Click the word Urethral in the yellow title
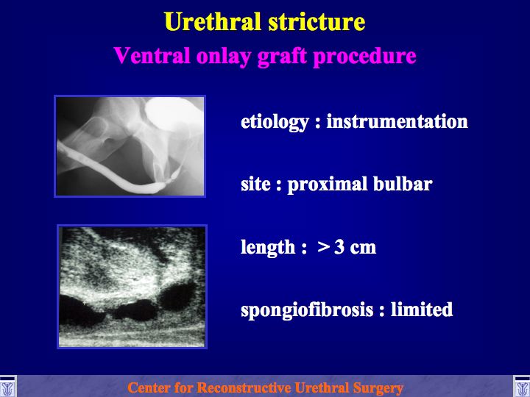click(x=213, y=21)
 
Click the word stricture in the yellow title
click(x=317, y=21)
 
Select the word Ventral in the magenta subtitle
click(x=152, y=55)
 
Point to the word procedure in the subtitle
click(x=364, y=57)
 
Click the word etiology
click(x=275, y=122)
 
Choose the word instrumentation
click(x=397, y=121)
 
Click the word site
click(x=255, y=185)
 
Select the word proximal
click(x=327, y=185)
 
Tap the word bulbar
click(x=403, y=185)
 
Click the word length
click(x=268, y=248)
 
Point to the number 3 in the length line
click(x=339, y=248)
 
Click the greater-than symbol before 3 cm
click(x=323, y=248)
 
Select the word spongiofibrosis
click(x=307, y=310)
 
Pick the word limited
click(x=422, y=310)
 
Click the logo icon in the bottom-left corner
click(x=7, y=387)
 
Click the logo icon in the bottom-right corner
click(x=522, y=387)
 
